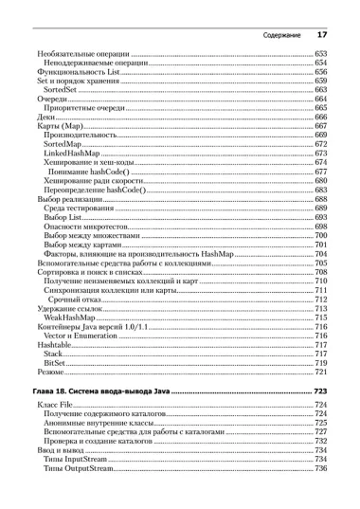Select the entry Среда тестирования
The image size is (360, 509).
pyautogui.click(x=84, y=209)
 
